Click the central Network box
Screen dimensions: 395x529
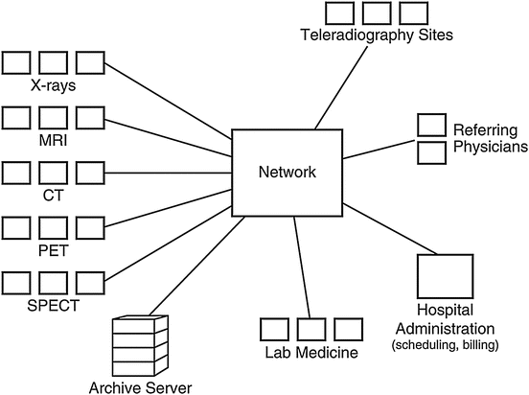tap(287, 173)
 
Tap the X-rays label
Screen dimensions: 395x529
tap(54, 84)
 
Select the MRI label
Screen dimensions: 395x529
tap(54, 140)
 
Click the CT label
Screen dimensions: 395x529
tap(54, 195)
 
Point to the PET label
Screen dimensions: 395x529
tap(54, 249)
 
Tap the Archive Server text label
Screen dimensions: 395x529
tap(140, 386)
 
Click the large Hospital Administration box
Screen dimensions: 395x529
tap(445, 277)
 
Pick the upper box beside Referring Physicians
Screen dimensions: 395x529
tap(431, 125)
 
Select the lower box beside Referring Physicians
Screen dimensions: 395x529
tap(431, 151)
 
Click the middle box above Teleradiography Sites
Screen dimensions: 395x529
tap(375, 12)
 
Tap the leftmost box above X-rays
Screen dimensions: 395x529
tap(16, 63)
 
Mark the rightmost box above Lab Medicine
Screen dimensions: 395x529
tap(349, 328)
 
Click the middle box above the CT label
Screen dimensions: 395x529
tap(54, 173)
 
